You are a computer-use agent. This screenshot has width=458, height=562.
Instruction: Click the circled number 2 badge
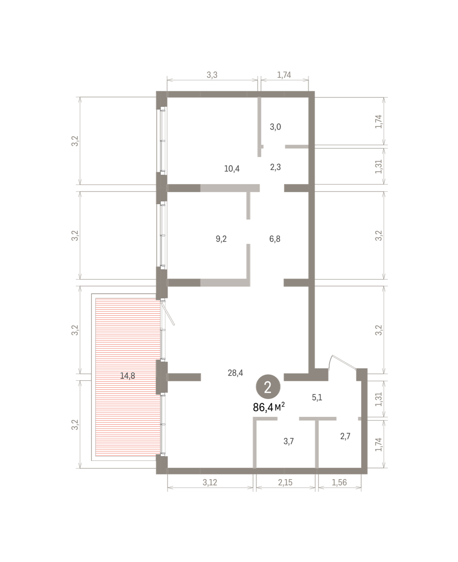pyautogui.click(x=268, y=387)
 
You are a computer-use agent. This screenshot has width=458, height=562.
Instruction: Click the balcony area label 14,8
pyautogui.click(x=127, y=376)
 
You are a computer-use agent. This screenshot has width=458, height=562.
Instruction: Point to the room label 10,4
pyautogui.click(x=232, y=169)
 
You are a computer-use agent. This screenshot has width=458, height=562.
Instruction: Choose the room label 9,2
pyautogui.click(x=221, y=239)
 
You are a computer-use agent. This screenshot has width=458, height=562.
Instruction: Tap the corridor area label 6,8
pyautogui.click(x=275, y=239)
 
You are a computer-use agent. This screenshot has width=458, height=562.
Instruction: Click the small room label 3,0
pyautogui.click(x=276, y=127)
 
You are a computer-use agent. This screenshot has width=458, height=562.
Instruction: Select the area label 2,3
pyautogui.click(x=276, y=167)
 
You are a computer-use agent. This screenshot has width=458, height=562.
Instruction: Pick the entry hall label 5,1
pyautogui.click(x=317, y=398)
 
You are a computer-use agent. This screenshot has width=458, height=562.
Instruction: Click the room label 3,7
pyautogui.click(x=289, y=442)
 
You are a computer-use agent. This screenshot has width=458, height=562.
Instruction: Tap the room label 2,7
pyautogui.click(x=345, y=436)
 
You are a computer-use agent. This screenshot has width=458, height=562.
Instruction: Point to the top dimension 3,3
pyautogui.click(x=212, y=75)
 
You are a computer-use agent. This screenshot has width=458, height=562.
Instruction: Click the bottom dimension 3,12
pyautogui.click(x=210, y=482)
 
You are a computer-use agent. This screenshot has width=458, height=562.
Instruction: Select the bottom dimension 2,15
pyautogui.click(x=285, y=482)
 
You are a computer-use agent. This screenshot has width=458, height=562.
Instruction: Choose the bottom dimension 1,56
pyautogui.click(x=339, y=482)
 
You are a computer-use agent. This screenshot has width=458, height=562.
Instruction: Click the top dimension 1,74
pyautogui.click(x=284, y=75)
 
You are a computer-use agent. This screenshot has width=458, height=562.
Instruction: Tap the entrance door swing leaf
pyautogui.click(x=343, y=362)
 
